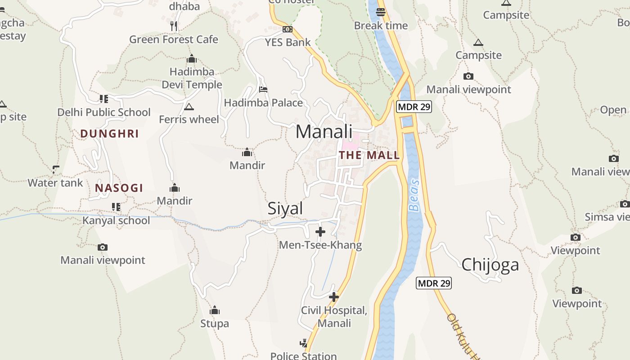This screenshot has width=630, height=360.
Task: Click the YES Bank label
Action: pos(288,42)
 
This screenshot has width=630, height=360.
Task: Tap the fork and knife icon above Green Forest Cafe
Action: pos(174,26)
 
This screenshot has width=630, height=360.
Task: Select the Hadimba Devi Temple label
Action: pos(192,78)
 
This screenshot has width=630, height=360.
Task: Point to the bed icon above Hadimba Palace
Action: pos(264,89)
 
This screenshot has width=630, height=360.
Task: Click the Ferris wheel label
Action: pos(189,119)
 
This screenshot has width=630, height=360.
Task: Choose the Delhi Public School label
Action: pos(104,112)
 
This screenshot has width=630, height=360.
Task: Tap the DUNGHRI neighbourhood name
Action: pos(109,134)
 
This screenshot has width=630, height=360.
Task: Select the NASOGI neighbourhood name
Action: pos(119,188)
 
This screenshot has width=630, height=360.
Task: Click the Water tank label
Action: pos(55,183)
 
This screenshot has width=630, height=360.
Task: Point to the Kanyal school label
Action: pos(116,220)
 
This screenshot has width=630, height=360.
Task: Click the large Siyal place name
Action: pos(285,209)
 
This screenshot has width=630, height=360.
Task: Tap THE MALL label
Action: pos(369,155)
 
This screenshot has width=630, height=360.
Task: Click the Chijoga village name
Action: pos(490,265)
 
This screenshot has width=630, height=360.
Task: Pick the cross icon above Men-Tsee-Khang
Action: pos(320,232)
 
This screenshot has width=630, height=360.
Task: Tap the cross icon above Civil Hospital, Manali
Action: pos(334,297)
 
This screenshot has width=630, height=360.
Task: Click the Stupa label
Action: pos(215,324)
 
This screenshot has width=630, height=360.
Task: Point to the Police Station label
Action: pos(303,356)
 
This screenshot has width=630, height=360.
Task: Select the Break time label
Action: pos(381,26)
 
